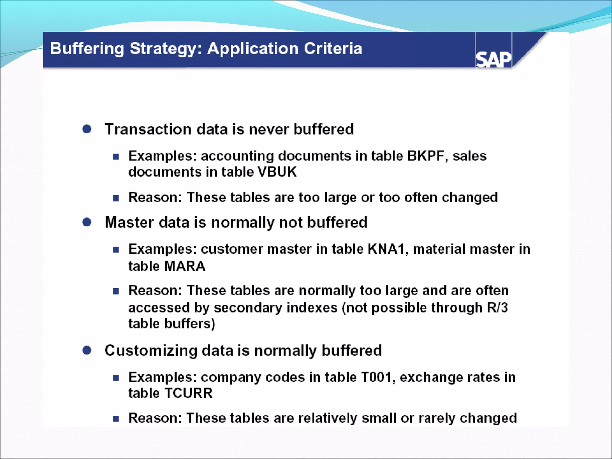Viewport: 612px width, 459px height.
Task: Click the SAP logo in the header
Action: (493, 59)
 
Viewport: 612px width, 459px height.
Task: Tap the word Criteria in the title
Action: (333, 48)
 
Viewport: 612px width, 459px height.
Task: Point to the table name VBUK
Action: (277, 172)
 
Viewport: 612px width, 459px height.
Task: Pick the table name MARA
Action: (185, 266)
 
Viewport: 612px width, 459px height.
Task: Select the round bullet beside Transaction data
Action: (87, 129)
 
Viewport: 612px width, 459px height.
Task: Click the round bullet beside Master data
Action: (87, 222)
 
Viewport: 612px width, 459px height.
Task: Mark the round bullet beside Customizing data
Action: (87, 350)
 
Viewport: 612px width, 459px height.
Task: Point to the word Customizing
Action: (151, 351)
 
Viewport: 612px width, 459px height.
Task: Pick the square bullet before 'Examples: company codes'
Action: (116, 378)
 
